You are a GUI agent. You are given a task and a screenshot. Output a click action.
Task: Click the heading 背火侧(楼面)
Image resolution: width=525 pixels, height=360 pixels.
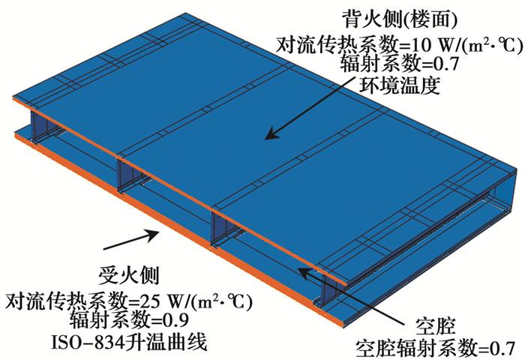pyautogui.click(x=399, y=20)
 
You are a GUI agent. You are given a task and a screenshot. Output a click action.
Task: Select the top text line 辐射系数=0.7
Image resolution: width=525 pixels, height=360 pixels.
pyautogui.click(x=399, y=63)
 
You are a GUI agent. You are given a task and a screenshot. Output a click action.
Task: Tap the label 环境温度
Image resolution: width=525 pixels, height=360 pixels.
pyautogui.click(x=399, y=85)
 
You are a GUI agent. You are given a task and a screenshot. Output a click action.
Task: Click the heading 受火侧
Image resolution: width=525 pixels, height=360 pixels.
pyautogui.click(x=128, y=275)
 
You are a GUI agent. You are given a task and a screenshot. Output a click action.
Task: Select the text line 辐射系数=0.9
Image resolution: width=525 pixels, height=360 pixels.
pyautogui.click(x=128, y=319)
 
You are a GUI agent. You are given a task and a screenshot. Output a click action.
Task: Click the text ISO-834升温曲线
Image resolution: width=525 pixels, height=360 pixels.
pyautogui.click(x=128, y=342)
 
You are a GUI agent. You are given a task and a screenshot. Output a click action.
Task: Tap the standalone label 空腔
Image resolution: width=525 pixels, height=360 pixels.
pyautogui.click(x=434, y=326)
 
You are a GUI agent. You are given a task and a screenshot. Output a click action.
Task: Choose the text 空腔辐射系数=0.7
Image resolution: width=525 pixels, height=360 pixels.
pyautogui.click(x=434, y=348)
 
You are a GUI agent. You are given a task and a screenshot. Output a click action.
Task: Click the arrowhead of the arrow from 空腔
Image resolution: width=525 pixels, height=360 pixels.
pyautogui.click(x=303, y=272)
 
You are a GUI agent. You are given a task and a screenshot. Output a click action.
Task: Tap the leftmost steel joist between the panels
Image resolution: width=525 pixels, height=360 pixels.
pyautogui.click(x=34, y=127)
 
